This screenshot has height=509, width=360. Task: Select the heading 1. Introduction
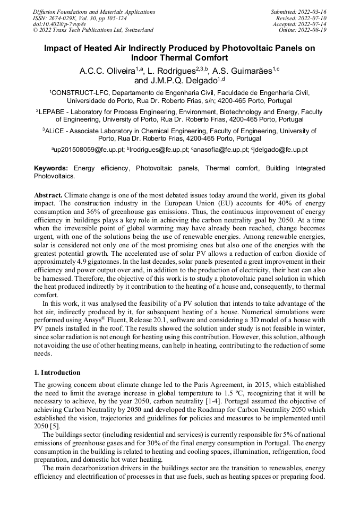pos(57,373)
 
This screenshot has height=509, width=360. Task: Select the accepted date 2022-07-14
pos(311,24)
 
